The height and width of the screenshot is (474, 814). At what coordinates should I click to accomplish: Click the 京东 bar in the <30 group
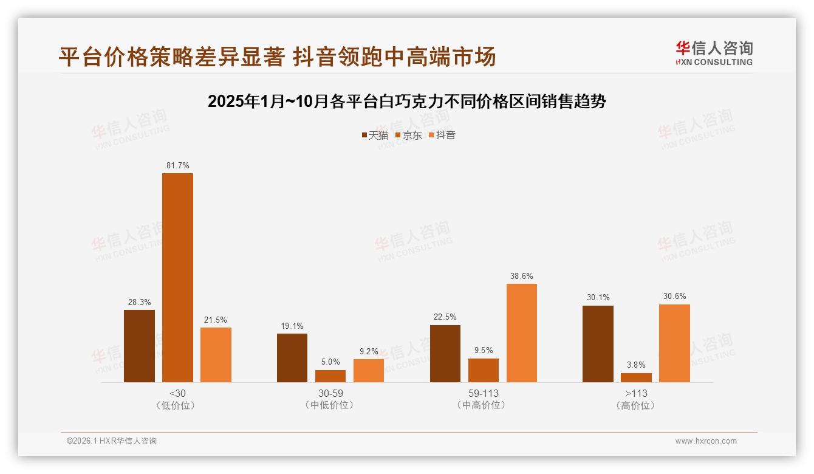(x=177, y=278)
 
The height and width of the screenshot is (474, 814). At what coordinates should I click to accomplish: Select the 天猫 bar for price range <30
(x=139, y=346)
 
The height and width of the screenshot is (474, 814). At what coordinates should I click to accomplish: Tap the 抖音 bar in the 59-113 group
(x=522, y=333)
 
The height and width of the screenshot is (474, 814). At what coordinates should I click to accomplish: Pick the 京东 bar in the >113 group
(x=636, y=377)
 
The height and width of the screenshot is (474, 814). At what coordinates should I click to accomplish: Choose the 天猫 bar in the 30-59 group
(x=292, y=358)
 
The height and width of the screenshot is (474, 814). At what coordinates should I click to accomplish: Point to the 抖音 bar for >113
(x=674, y=343)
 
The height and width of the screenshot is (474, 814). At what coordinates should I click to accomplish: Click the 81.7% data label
(x=177, y=165)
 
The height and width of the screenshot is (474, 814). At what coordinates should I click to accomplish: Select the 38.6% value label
(x=522, y=276)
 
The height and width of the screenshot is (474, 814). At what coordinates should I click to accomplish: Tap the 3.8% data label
(x=636, y=365)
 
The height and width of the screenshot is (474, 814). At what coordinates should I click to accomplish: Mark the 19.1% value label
(x=292, y=326)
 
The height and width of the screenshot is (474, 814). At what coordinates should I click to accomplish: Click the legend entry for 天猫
(x=375, y=136)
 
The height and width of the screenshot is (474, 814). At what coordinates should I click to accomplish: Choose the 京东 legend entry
(x=408, y=136)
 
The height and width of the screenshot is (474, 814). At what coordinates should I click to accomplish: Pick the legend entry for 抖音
(x=442, y=136)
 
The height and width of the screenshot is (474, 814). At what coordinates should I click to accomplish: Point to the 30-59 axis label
(x=330, y=393)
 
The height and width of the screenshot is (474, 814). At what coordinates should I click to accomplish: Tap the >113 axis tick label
(x=636, y=393)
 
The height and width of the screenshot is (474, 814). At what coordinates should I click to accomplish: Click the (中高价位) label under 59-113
(x=484, y=405)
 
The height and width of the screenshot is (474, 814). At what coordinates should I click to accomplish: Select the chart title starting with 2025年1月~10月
(x=407, y=101)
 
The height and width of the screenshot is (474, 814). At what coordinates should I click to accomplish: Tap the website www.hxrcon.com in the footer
(x=706, y=441)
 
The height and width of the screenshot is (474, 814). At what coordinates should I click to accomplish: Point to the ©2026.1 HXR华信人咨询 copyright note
(x=112, y=441)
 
